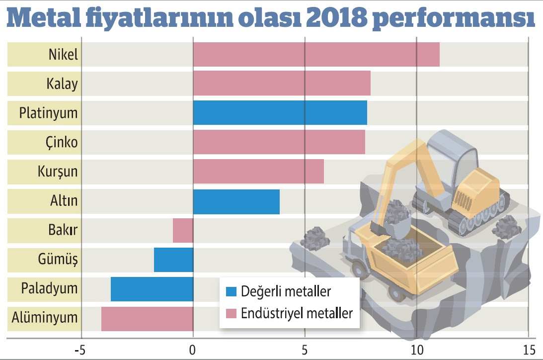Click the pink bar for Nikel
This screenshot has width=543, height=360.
pyautogui.click(x=316, y=55)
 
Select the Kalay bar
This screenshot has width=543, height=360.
pyautogui.click(x=282, y=84)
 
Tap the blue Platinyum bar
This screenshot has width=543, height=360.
pyautogui.click(x=280, y=113)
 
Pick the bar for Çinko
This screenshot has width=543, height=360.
pyautogui.click(x=279, y=142)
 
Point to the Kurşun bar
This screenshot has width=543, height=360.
pyautogui.click(x=258, y=172)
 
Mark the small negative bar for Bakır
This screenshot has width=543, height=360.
pyautogui.click(x=183, y=230)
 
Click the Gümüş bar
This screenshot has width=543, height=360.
pyautogui.click(x=173, y=260)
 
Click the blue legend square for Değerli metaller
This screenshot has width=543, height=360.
pyautogui.click(x=231, y=290)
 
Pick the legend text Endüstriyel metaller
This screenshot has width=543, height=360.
pyautogui.click(x=297, y=314)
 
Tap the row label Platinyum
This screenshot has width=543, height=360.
pyautogui.click(x=49, y=113)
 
